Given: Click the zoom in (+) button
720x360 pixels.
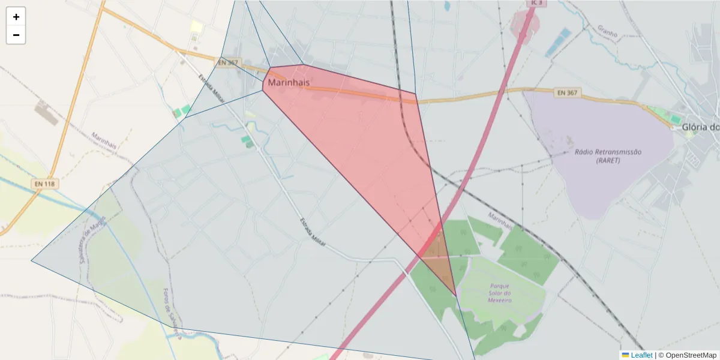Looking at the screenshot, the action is click(16, 17).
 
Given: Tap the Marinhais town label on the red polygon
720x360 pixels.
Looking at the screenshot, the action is click(289, 82).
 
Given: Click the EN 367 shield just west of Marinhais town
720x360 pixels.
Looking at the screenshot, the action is click(228, 62).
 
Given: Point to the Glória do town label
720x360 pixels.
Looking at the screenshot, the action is click(700, 127).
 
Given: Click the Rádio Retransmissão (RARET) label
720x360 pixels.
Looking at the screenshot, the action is click(608, 156).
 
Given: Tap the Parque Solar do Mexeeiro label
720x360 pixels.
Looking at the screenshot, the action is click(499, 292).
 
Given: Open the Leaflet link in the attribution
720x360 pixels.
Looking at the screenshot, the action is click(641, 355).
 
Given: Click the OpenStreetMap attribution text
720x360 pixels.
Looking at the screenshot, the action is click(687, 355).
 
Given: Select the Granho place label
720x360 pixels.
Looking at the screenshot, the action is click(607, 31).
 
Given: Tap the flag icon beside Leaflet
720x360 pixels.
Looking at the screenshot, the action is click(625, 355).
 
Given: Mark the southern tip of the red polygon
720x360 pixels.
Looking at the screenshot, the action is click(455, 295).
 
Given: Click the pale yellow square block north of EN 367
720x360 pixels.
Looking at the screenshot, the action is click(196, 26).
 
